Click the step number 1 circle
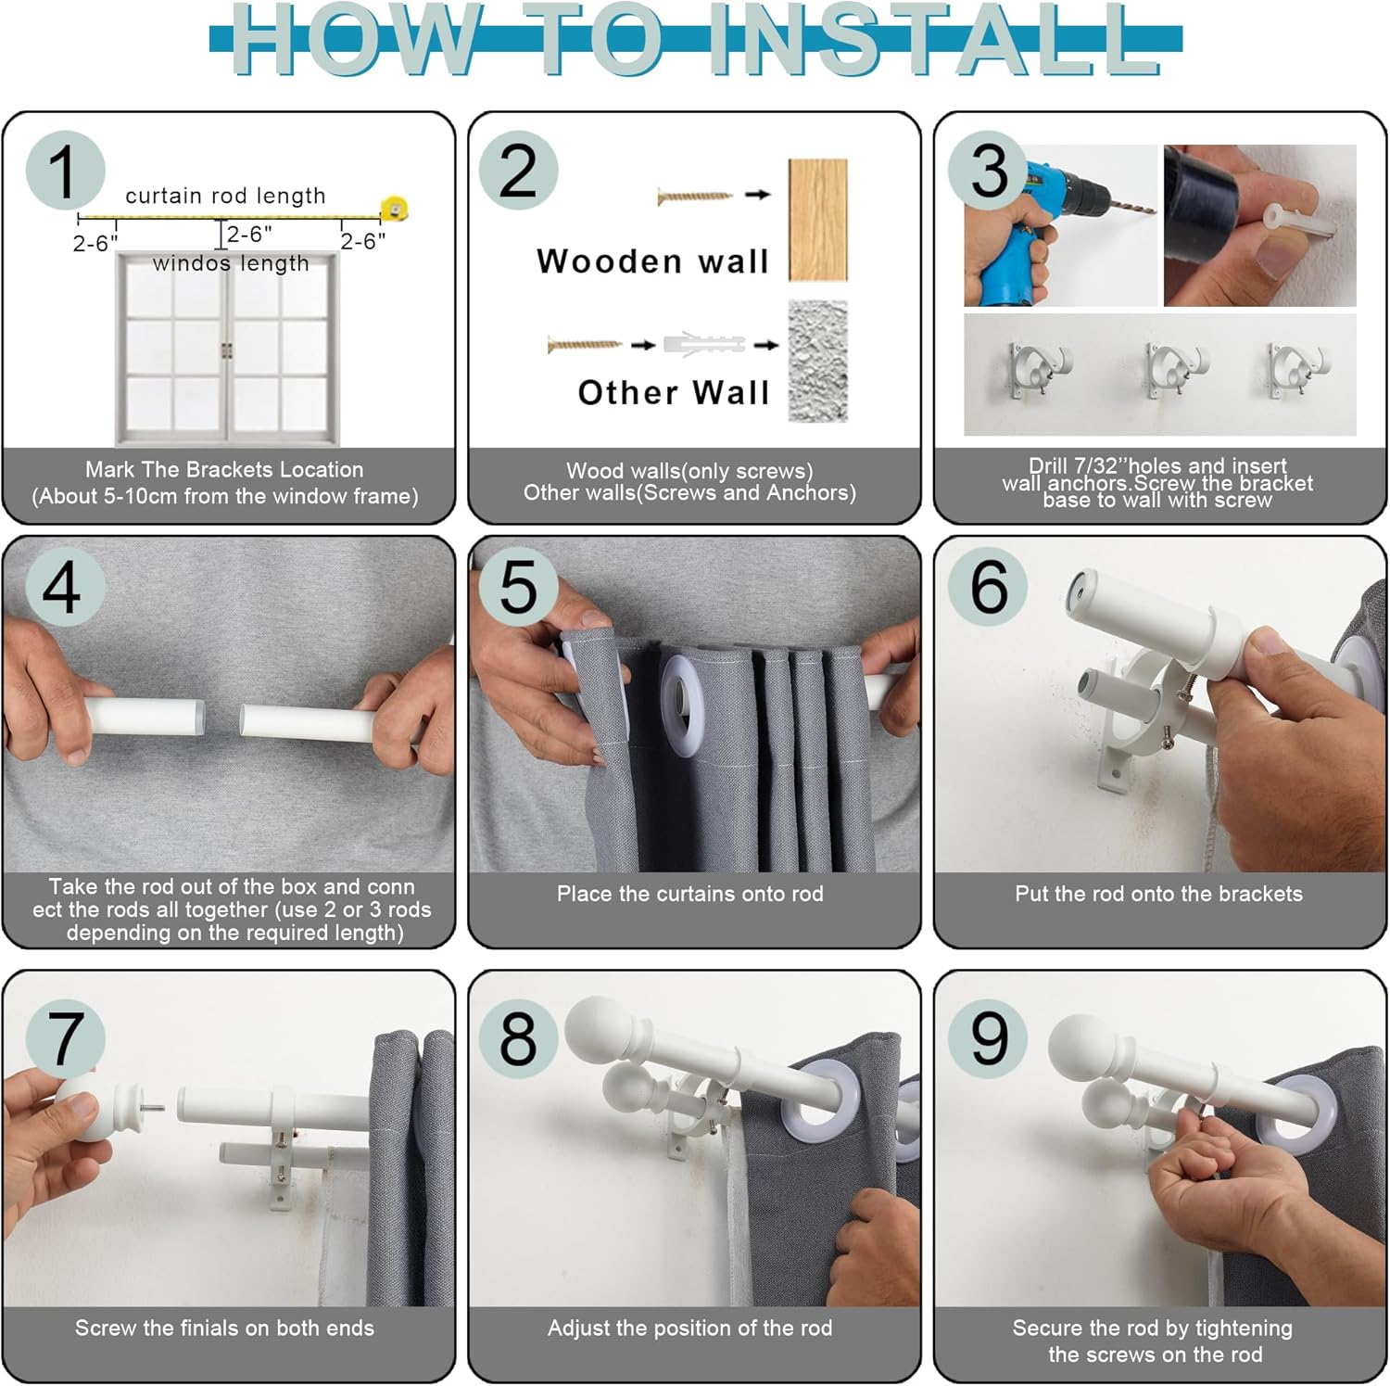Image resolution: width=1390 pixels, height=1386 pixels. [x=65, y=171]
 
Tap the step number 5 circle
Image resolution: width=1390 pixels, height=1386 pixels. [x=518, y=586]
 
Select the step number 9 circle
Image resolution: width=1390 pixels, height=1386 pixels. [x=988, y=1037]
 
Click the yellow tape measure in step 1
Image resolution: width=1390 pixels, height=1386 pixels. [x=394, y=209]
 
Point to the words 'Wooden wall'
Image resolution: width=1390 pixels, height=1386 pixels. [x=653, y=261]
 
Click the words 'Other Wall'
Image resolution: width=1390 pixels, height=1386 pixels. [x=674, y=392]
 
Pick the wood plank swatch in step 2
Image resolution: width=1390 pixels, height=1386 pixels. [x=817, y=220]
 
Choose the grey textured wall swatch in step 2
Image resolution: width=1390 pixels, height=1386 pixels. [x=817, y=361]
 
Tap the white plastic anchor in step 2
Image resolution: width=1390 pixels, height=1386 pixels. [x=704, y=344]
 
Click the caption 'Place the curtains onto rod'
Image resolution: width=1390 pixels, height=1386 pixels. [x=690, y=894]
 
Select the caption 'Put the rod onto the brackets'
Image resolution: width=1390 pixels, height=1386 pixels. [x=1158, y=894]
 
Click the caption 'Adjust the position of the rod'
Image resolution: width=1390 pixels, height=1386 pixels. [x=690, y=1328]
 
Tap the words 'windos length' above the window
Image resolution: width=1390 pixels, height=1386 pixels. [x=231, y=263]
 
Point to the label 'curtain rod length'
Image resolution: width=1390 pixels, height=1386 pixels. [x=225, y=196]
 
